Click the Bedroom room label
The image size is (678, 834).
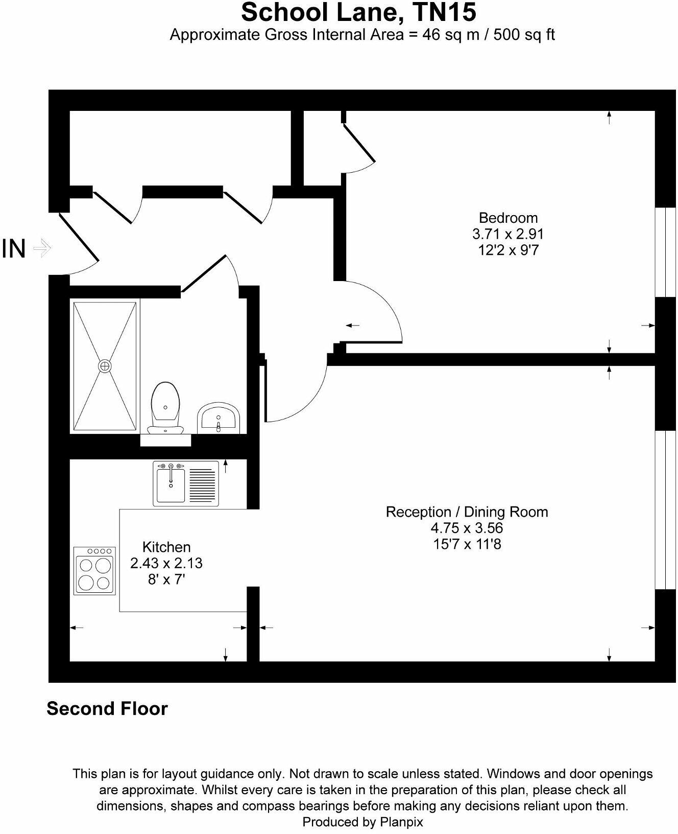pos(507,218)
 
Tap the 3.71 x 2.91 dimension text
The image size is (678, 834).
pos(507,234)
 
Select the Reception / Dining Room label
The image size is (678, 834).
pos(466,512)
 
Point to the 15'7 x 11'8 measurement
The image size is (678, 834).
pos(467,544)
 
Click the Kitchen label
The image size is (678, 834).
pos(166,547)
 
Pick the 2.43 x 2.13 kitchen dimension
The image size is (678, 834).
pos(166,563)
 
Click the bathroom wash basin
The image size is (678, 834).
pos(219,416)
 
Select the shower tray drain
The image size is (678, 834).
pos(105,366)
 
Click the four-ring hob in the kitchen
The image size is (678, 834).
pos(95,570)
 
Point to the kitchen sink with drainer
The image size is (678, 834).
pos(185,483)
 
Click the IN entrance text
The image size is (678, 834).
pos(14,249)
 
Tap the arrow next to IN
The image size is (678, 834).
pos(42,249)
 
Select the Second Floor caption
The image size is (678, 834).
pos(107,709)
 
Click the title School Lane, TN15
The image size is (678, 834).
pos(358,12)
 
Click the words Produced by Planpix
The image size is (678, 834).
pos(362,822)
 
